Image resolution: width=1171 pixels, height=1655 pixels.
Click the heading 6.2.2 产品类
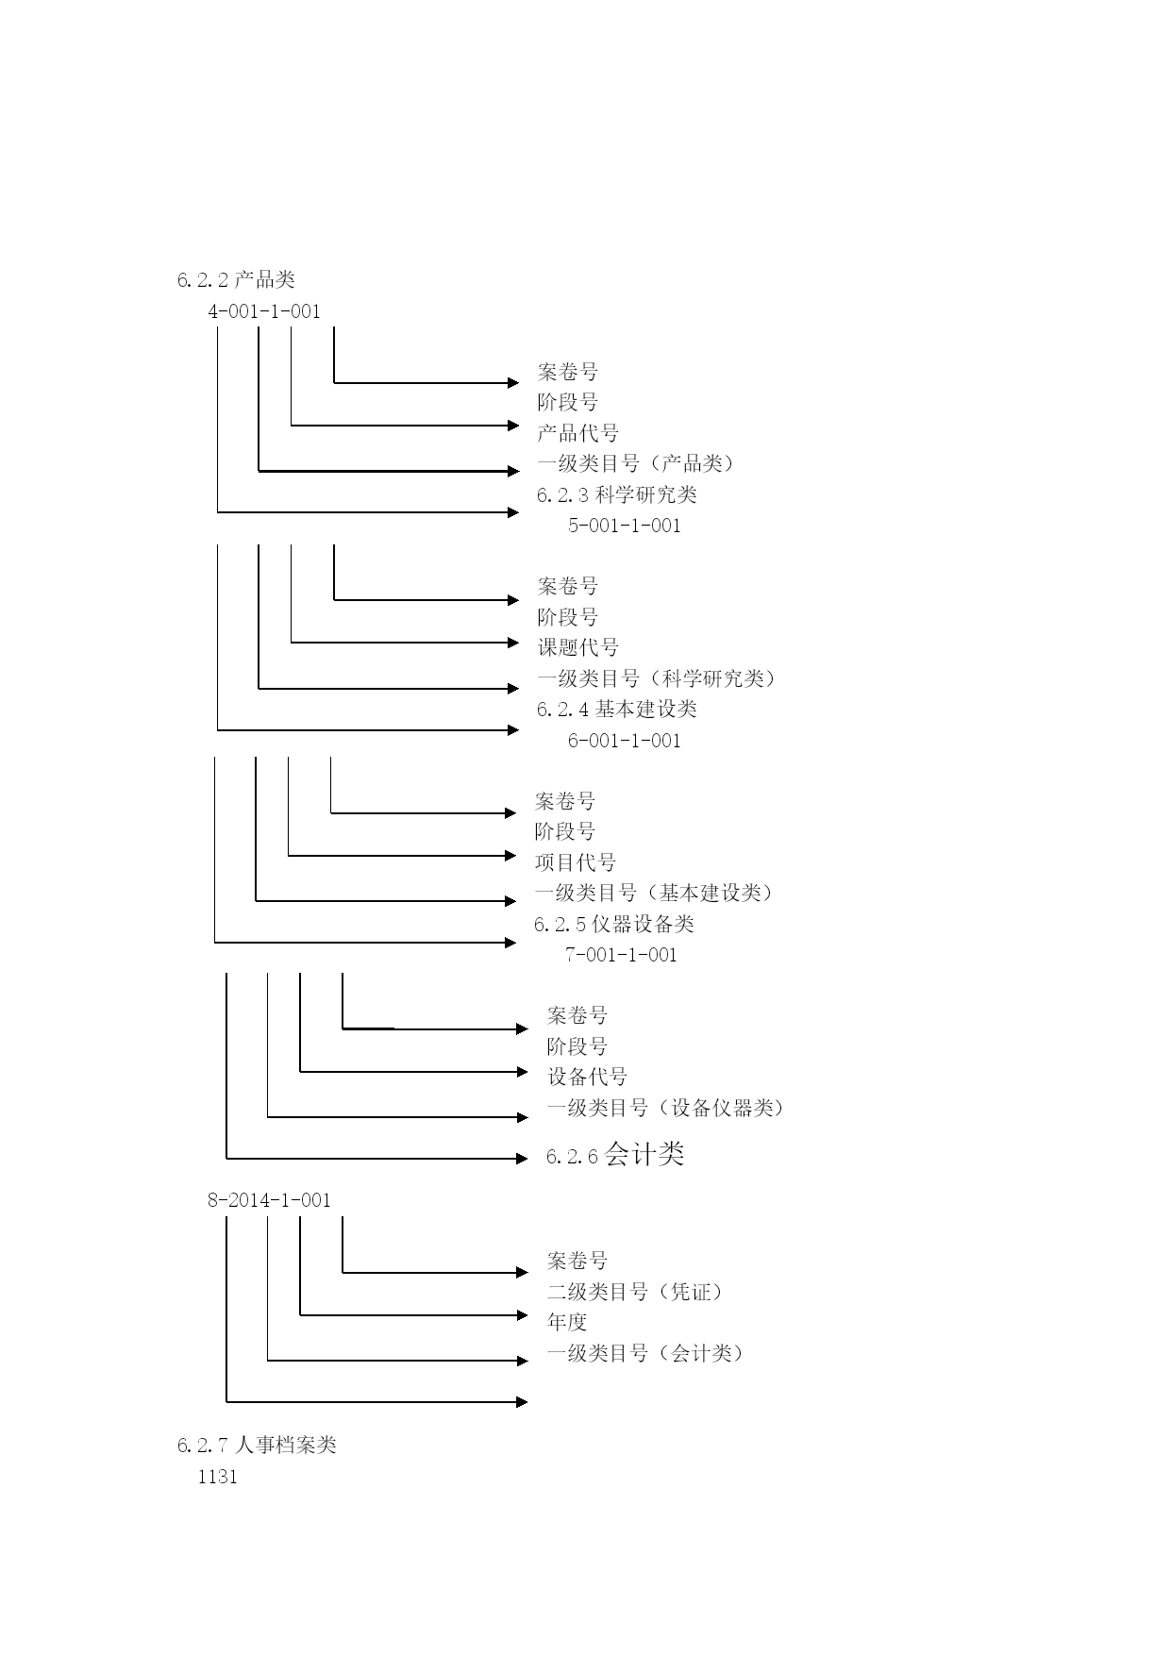tap(236, 279)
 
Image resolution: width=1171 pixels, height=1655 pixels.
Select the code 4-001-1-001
tap(264, 311)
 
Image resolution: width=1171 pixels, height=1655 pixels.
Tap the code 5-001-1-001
tap(625, 526)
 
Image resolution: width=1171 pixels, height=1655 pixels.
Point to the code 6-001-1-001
tap(625, 741)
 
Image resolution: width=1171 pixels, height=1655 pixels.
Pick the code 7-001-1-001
tap(621, 955)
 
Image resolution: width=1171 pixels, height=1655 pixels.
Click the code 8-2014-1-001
tap(270, 1200)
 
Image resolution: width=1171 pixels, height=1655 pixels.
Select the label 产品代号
tap(578, 433)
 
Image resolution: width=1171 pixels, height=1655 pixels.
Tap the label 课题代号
tap(578, 647)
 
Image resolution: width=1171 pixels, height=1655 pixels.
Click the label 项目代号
tap(576, 862)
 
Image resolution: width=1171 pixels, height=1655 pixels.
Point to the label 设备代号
tap(587, 1077)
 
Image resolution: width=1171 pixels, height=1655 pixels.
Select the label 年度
tap(567, 1322)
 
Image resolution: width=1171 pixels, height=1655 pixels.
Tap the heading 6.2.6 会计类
tap(615, 1154)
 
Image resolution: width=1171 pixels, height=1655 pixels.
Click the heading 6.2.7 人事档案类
tap(257, 1446)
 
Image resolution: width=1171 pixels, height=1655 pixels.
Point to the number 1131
tap(218, 1478)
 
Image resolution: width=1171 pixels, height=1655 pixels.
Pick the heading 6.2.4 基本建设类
tap(617, 710)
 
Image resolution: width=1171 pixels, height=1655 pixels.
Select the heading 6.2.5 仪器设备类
tap(614, 924)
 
